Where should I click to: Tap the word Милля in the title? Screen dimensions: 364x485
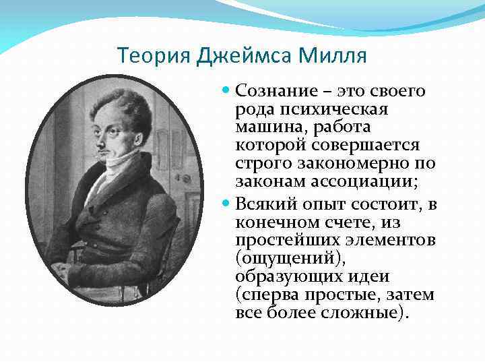333,55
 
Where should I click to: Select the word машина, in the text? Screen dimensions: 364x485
267,127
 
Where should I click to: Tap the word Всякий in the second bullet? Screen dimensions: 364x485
267,204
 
